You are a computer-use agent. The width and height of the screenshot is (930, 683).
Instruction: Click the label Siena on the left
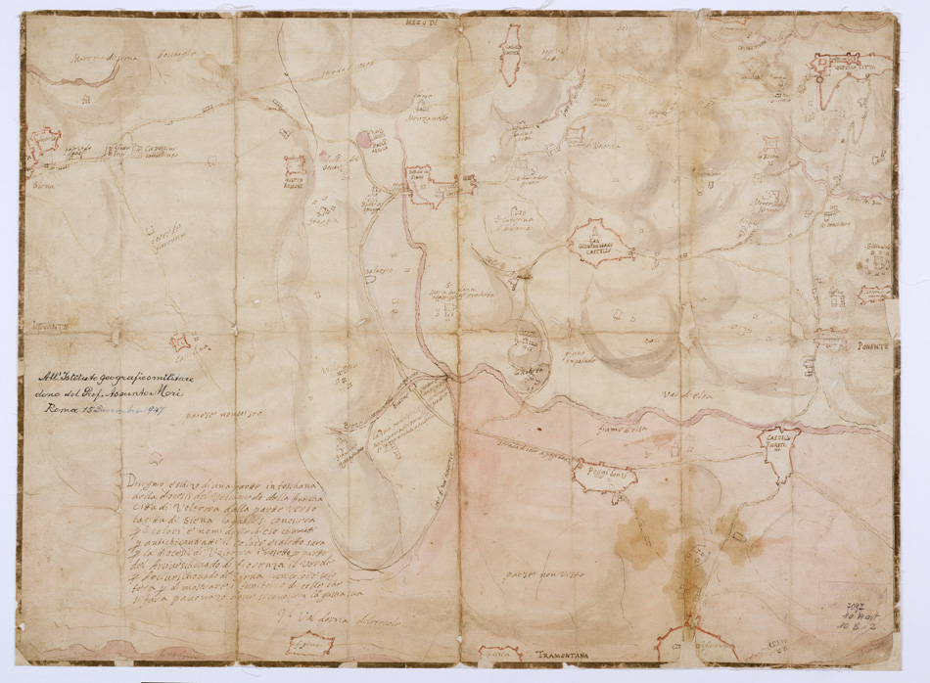click(x=42, y=181)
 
